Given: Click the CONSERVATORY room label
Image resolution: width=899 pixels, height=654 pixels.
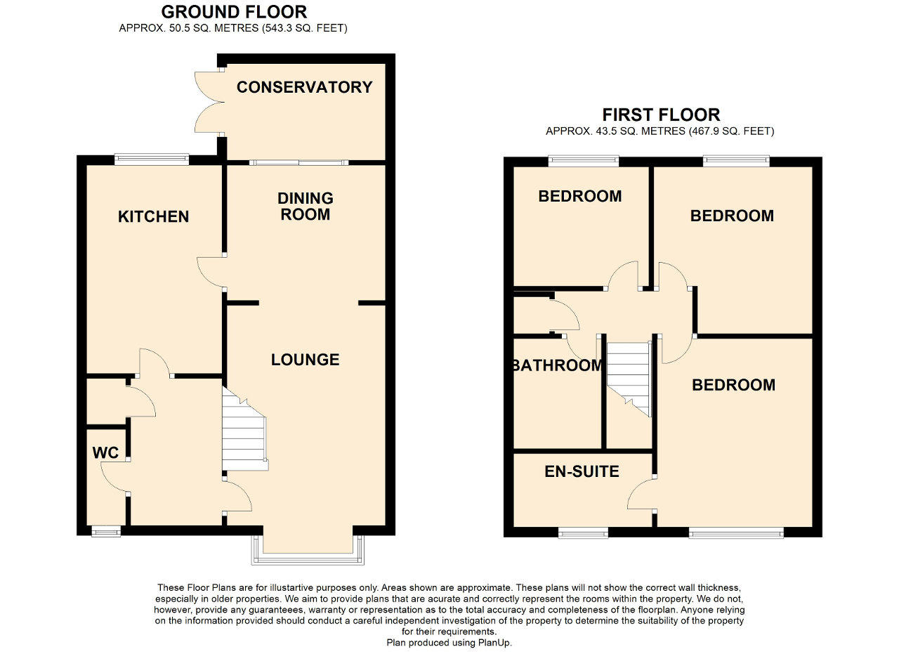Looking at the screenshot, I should pos(304,87).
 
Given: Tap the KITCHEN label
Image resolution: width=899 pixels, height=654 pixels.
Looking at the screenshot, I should pos(153,216).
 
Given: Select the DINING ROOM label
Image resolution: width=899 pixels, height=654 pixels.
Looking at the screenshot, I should pos(305,206).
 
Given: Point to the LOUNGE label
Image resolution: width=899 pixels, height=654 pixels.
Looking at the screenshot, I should pos(305,360).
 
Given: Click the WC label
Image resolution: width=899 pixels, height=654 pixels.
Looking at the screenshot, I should pos(105,452).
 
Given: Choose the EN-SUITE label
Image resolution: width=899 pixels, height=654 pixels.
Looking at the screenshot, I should pos(582,471).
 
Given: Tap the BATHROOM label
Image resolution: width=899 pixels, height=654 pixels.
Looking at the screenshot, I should pos(557,365).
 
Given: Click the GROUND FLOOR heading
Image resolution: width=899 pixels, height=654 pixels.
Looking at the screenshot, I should pos(234,12).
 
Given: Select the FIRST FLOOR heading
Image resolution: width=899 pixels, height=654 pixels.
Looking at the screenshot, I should pos(661,115).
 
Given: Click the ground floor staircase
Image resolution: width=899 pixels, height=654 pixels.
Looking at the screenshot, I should pos(244,431).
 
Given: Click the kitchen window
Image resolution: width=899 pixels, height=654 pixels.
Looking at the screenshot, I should pos(152,159).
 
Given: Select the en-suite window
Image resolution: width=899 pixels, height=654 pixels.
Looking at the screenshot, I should pos(583,533).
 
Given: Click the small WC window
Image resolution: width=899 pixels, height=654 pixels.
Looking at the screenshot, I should pos(106,532).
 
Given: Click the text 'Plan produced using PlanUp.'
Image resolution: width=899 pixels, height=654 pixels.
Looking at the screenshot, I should pos(449,643).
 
